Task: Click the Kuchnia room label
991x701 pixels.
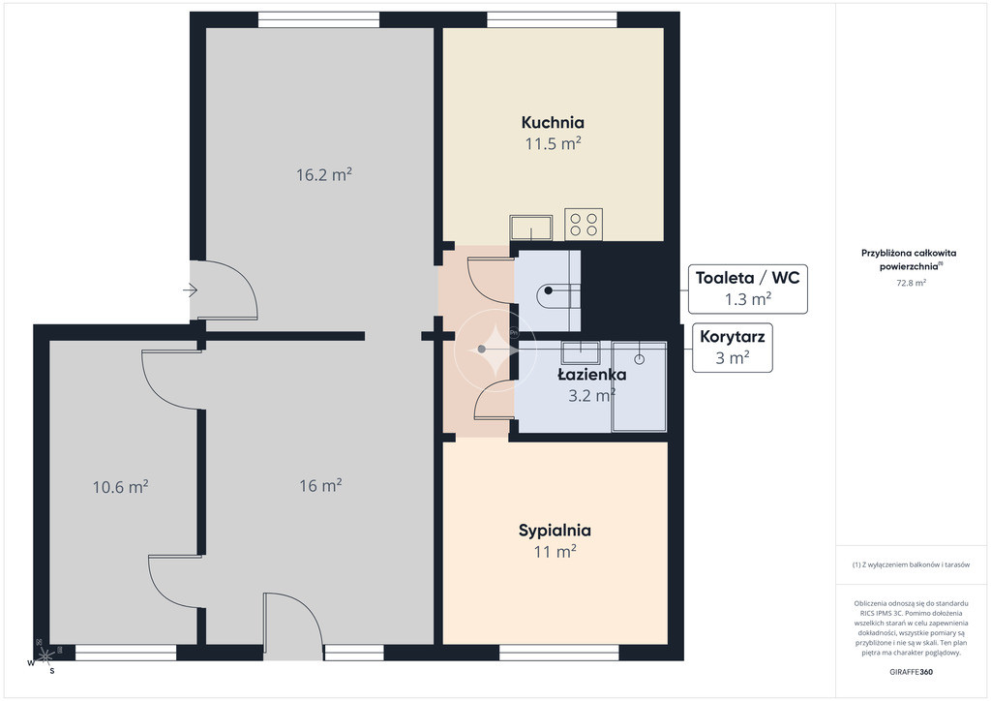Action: click(x=553, y=122)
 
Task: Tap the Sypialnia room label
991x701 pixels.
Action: click(x=555, y=531)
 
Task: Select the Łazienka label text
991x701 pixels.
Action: click(x=591, y=374)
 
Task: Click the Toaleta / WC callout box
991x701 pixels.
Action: click(x=748, y=289)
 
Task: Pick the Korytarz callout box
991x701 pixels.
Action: click(x=732, y=348)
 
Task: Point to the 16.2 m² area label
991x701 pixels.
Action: click(x=323, y=174)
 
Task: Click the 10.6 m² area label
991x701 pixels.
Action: click(x=120, y=487)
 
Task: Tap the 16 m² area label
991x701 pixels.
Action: click(x=320, y=485)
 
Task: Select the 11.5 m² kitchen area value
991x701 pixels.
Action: click(x=553, y=143)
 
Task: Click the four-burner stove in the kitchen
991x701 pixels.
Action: click(x=584, y=225)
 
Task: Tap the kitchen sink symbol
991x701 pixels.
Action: click(x=531, y=228)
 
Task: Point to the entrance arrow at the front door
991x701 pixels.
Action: click(x=191, y=290)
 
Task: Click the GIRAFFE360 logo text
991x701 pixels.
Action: click(x=911, y=672)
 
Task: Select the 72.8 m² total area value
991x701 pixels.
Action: click(x=911, y=283)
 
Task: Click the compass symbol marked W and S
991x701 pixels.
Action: click(x=45, y=655)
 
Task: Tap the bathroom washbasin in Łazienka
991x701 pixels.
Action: click(x=581, y=349)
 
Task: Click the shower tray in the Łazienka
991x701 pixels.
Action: click(x=639, y=386)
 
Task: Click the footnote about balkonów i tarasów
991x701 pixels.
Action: click(x=911, y=564)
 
